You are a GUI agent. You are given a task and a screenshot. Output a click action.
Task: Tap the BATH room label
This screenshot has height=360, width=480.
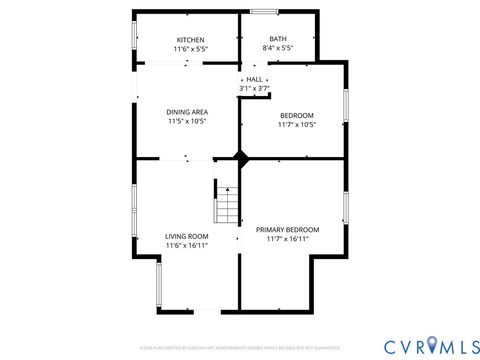click(x=277, y=39)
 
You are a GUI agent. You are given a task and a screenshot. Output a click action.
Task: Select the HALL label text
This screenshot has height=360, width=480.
click(x=254, y=79)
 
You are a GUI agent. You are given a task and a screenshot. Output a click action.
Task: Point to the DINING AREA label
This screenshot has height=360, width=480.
click(x=187, y=112)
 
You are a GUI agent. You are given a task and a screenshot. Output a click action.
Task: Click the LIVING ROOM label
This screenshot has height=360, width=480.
click(x=187, y=236)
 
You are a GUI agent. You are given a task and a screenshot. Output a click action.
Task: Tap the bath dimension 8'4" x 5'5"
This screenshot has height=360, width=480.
click(x=277, y=48)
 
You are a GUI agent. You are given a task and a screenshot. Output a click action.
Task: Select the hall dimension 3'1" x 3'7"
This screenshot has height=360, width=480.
click(x=254, y=88)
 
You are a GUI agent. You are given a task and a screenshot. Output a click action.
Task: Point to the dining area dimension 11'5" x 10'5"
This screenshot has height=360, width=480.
click(x=187, y=122)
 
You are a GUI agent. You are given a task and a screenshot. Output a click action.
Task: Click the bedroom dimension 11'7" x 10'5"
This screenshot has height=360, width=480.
click(x=296, y=125)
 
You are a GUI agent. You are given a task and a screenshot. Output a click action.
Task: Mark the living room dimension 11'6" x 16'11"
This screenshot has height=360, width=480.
click(x=187, y=245)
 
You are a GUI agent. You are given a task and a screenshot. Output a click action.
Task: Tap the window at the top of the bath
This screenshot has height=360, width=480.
click(x=264, y=12)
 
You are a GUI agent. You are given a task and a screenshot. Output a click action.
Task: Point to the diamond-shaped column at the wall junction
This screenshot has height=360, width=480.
click(x=240, y=158)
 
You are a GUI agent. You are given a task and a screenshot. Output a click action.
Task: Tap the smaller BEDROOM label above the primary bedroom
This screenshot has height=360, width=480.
click(x=296, y=115)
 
